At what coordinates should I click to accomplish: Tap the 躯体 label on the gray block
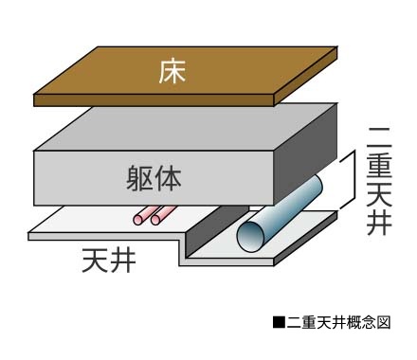click(154, 175)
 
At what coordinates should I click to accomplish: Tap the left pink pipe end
click(140, 220)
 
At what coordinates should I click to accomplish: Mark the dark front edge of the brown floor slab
click(152, 99)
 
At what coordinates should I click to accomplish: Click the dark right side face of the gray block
click(308, 156)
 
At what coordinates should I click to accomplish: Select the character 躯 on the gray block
click(138, 175)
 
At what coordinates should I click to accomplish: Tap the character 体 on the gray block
click(169, 175)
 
